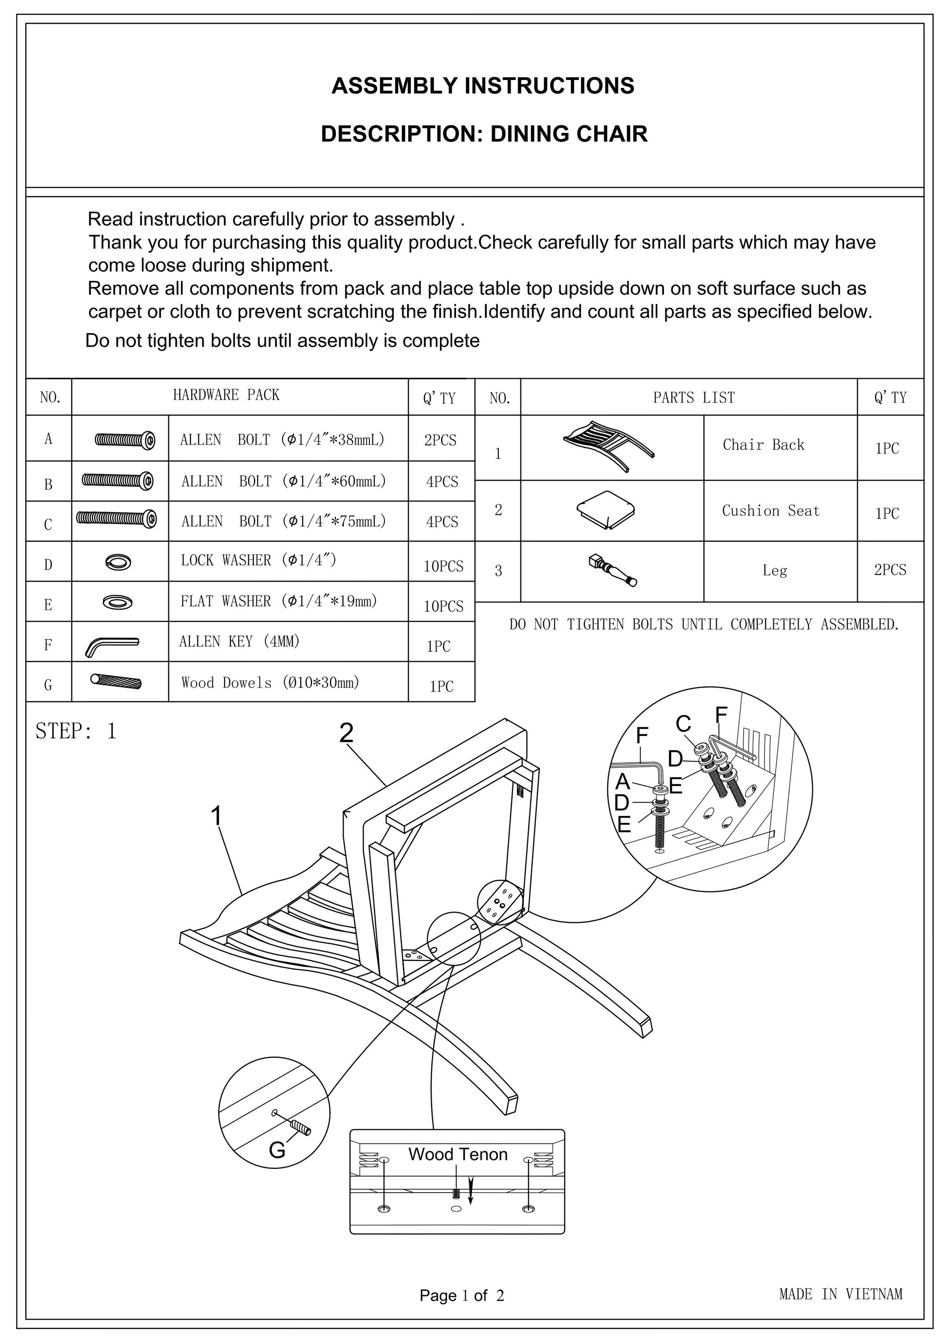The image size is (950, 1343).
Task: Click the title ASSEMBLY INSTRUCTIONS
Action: click(x=483, y=86)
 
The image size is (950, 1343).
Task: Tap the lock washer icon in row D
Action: click(x=119, y=562)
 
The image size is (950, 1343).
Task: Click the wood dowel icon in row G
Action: click(x=116, y=681)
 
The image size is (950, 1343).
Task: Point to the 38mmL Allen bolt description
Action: click(x=283, y=439)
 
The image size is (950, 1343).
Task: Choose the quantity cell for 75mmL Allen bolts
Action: click(x=442, y=521)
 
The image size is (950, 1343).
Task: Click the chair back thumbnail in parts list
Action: click(x=608, y=445)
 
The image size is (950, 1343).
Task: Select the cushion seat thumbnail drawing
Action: click(x=605, y=509)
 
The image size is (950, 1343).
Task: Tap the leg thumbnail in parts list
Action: click(x=613, y=570)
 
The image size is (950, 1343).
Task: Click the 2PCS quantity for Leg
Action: click(x=890, y=570)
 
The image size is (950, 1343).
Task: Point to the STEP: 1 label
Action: click(x=76, y=731)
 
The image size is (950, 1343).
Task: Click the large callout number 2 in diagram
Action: click(x=346, y=733)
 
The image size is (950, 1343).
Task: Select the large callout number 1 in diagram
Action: click(x=216, y=815)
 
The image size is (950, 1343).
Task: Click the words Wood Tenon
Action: click(x=457, y=1154)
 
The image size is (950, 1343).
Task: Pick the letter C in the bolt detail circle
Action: click(x=683, y=724)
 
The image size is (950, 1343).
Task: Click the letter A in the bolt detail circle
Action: click(x=622, y=781)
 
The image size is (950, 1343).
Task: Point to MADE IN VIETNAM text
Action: click(x=841, y=1294)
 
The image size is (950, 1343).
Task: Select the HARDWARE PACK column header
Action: click(x=226, y=395)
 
